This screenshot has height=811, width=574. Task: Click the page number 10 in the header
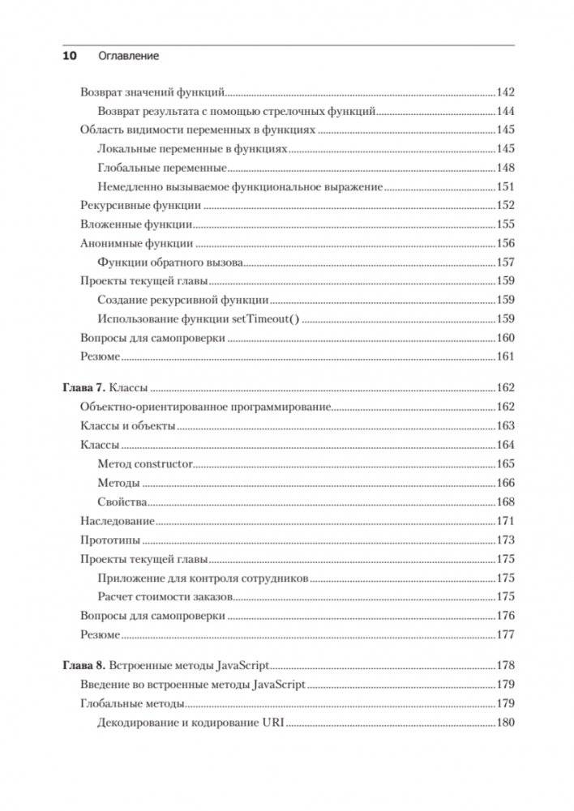click(x=69, y=56)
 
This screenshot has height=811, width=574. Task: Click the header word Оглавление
click(x=128, y=56)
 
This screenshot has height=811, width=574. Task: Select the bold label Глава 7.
click(x=84, y=388)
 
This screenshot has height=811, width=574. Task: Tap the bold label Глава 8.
click(x=84, y=666)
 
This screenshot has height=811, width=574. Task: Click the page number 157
click(x=505, y=263)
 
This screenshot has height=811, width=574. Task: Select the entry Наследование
click(x=118, y=521)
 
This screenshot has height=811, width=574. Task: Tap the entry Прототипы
click(x=110, y=540)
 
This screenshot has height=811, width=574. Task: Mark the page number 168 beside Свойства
click(x=505, y=502)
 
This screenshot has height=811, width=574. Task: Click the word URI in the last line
click(x=271, y=723)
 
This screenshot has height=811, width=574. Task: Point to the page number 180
click(x=505, y=723)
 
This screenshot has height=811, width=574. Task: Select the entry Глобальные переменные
click(x=161, y=168)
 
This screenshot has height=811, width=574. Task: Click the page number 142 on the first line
click(x=505, y=92)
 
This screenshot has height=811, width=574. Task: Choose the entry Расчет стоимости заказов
click(x=165, y=596)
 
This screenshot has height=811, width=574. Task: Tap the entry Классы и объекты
click(x=128, y=426)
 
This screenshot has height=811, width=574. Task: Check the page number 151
click(x=505, y=187)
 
